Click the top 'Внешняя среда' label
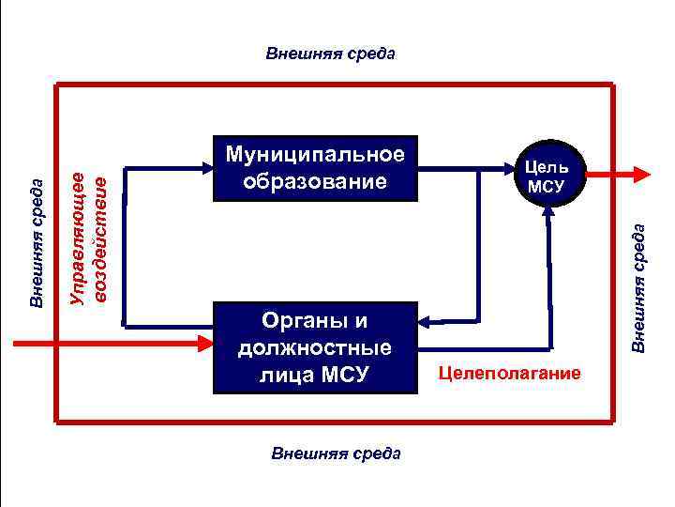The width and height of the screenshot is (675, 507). (x=331, y=53)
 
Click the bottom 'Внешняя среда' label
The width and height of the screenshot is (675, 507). (x=336, y=453)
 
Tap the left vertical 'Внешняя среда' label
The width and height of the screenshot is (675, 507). (x=37, y=243)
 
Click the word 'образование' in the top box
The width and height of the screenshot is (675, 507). (x=315, y=180)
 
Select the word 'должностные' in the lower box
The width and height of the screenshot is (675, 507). (x=315, y=348)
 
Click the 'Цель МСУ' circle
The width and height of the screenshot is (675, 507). (x=547, y=175)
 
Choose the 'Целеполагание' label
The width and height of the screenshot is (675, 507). (x=510, y=375)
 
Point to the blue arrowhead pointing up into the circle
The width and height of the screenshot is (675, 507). (x=546, y=211)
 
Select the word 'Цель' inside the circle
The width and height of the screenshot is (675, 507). (x=547, y=166)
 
